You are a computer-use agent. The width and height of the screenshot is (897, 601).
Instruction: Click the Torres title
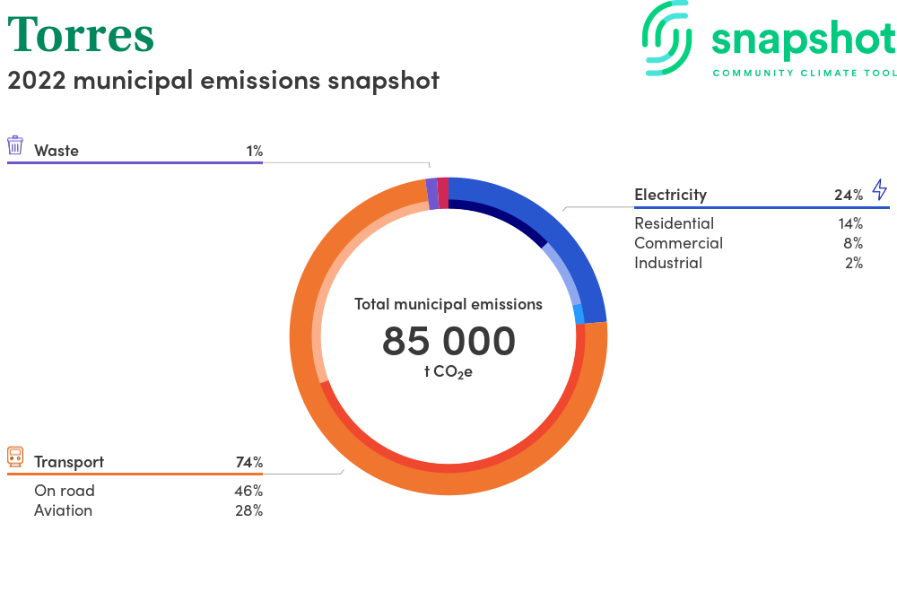tap(81, 35)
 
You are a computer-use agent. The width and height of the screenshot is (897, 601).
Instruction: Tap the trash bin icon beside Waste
tap(15, 145)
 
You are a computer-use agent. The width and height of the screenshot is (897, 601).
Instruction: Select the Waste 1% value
tap(255, 151)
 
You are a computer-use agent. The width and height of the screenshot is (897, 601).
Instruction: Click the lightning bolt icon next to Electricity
tap(880, 189)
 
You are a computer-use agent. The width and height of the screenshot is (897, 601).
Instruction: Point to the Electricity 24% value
tap(849, 195)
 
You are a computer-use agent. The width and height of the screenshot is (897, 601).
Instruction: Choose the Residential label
tap(674, 223)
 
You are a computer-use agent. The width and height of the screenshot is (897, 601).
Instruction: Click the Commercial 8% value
tap(853, 243)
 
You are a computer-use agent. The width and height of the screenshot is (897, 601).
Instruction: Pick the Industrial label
tap(668, 263)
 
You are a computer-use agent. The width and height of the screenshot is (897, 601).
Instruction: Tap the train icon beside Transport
tap(15, 457)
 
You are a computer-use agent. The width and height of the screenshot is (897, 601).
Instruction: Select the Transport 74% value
tap(249, 462)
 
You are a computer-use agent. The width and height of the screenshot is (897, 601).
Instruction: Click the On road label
tap(64, 491)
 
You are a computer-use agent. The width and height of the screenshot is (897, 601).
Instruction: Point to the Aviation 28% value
tap(248, 510)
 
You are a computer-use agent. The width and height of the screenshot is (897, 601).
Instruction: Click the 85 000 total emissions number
tap(448, 341)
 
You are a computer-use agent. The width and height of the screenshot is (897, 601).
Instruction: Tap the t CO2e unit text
tap(448, 371)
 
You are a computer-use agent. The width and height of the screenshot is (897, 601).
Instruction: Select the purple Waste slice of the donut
tap(432, 194)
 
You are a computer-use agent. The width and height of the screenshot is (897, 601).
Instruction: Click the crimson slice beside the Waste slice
tap(443, 193)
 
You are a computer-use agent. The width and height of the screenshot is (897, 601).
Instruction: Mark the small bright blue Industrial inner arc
tap(579, 314)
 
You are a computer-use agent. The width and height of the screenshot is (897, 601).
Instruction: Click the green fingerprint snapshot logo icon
tap(666, 39)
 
